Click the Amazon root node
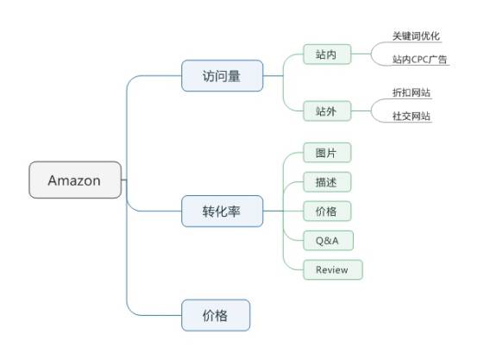[x=75, y=180]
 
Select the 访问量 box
[x=222, y=76]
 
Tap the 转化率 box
[x=222, y=212]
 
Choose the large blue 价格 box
[x=216, y=315]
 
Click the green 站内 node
[x=327, y=54]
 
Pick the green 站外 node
[x=327, y=111]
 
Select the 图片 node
[x=327, y=153]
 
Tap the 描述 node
[x=327, y=182]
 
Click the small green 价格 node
[x=327, y=212]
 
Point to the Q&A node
[x=328, y=241]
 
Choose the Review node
[x=332, y=269]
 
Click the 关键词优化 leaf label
[x=416, y=36]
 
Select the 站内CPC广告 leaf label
[x=419, y=60]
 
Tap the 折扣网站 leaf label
[x=412, y=92]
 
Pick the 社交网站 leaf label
[x=412, y=116]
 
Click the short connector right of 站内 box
[x=361, y=54]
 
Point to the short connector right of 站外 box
[x=361, y=111]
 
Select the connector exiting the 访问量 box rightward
[x=273, y=76]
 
